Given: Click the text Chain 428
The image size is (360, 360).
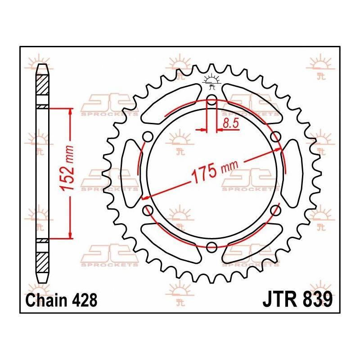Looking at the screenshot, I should [x=62, y=300].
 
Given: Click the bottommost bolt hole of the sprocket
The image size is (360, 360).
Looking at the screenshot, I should [x=211, y=246].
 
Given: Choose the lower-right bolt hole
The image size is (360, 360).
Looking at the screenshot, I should [x=275, y=210].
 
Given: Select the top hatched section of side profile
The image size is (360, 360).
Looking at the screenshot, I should [x=41, y=84].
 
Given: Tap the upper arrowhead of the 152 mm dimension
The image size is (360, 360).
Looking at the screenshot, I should [x=70, y=112].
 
